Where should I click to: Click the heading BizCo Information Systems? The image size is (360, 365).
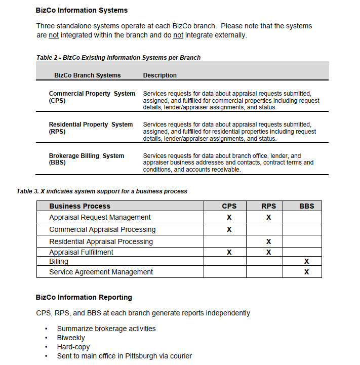click(x=82, y=10)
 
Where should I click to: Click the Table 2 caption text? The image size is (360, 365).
click(x=118, y=58)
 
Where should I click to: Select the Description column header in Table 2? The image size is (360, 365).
click(x=159, y=75)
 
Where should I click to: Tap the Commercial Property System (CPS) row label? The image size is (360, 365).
click(x=92, y=97)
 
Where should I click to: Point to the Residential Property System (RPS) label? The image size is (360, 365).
click(x=91, y=128)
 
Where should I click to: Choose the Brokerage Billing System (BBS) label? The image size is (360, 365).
click(x=86, y=159)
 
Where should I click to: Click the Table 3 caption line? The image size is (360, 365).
click(x=102, y=191)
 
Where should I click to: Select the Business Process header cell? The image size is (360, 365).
click(x=79, y=206)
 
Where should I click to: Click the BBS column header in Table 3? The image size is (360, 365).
click(x=306, y=206)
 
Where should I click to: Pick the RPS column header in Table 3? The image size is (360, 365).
click(x=268, y=206)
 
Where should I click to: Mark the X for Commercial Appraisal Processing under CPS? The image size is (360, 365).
click(x=229, y=229)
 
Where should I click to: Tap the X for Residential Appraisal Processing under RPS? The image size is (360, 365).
click(x=268, y=241)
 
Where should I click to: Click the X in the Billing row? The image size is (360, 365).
click(x=306, y=262)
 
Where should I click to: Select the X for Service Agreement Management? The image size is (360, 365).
click(x=306, y=272)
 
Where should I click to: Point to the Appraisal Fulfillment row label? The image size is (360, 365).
click(x=81, y=252)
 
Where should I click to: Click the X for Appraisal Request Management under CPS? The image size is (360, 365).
click(x=229, y=217)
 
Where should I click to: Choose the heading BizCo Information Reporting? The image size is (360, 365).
click(x=84, y=297)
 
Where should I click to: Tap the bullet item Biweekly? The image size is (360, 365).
click(x=71, y=338)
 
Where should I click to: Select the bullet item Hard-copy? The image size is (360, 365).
click(x=73, y=347)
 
